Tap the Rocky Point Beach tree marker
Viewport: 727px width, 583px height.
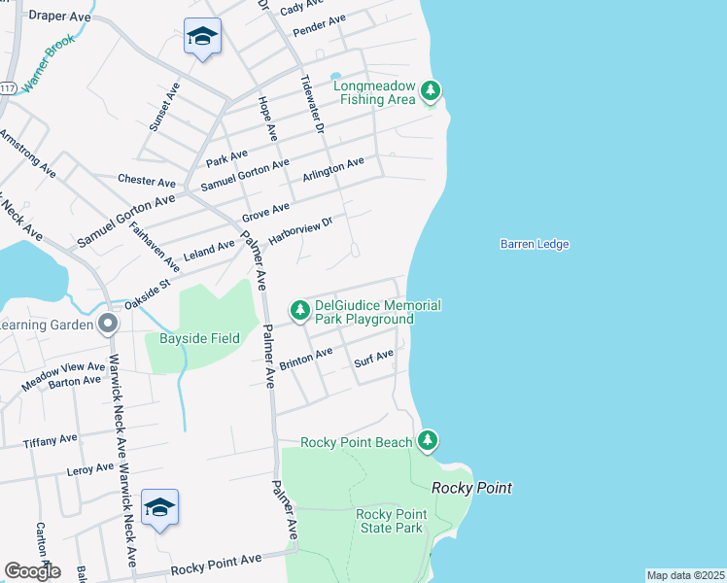[428, 441]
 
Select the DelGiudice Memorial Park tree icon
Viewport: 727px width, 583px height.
[300, 310]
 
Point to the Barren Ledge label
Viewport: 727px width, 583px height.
[534, 245]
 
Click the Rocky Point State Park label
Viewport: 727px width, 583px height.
[391, 521]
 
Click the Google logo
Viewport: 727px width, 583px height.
[32, 571]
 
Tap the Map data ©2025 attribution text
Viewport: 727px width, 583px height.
[686, 575]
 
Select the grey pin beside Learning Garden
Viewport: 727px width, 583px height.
[108, 323]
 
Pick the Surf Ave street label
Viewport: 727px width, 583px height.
[374, 360]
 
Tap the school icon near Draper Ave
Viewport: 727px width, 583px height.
[202, 37]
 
